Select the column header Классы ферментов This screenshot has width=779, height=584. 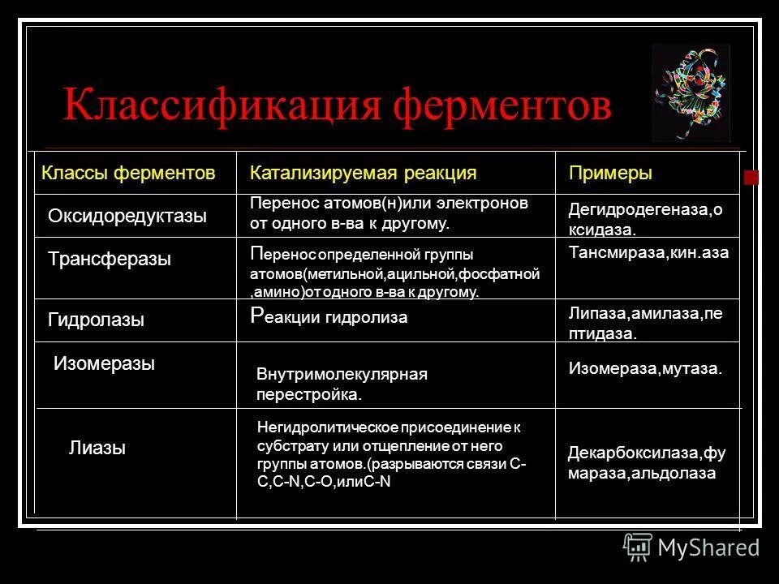(128, 173)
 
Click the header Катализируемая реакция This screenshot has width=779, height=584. (363, 173)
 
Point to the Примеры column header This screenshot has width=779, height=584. (610, 173)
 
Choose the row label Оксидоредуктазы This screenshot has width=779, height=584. (127, 216)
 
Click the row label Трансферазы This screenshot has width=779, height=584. (110, 260)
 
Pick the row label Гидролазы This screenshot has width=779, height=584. (96, 320)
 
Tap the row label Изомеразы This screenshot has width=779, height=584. (104, 363)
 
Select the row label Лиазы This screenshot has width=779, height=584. (97, 447)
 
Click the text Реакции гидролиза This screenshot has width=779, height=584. (329, 317)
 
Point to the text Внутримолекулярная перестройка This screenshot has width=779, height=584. (341, 384)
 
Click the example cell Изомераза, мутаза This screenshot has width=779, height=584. (644, 369)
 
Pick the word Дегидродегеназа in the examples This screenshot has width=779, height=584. (637, 210)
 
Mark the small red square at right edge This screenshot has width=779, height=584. (751, 178)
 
